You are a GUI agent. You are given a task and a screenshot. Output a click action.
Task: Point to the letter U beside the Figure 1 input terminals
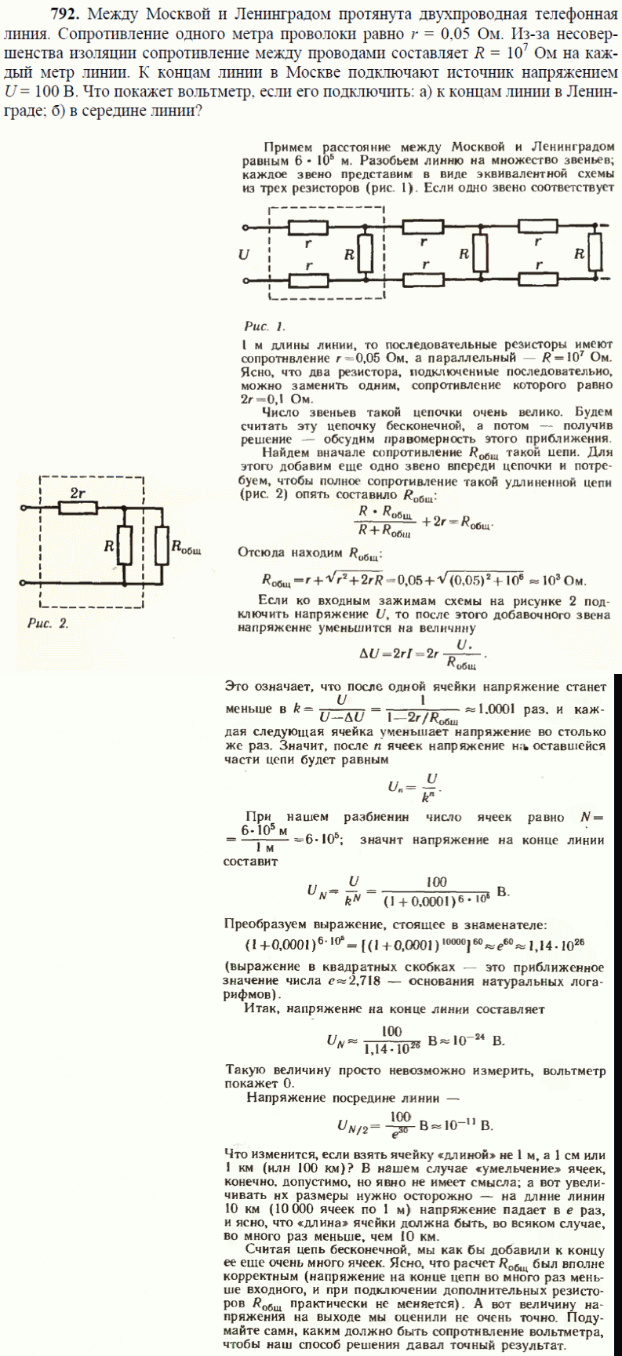pos(244,254)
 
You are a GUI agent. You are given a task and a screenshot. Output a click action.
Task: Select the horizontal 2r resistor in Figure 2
pos(78,508)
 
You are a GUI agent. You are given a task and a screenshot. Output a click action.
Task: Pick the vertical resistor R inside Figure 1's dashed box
pos(365,254)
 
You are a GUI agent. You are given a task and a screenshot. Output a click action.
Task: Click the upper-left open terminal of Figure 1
pos(246,228)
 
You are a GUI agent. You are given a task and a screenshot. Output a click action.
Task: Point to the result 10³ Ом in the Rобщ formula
pos(562,581)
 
